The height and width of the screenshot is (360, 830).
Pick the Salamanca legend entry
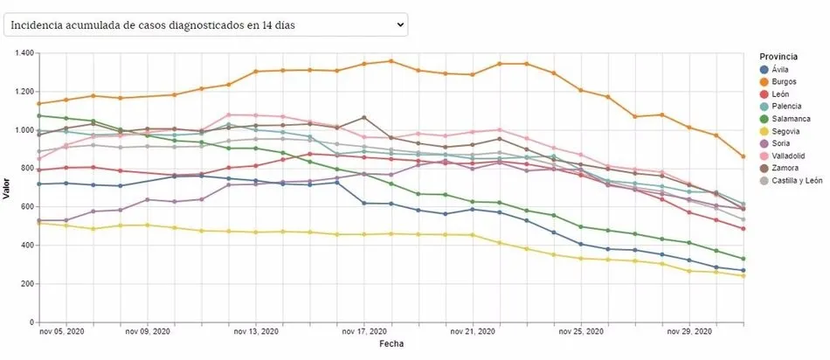792,119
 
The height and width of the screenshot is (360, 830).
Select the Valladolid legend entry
790,156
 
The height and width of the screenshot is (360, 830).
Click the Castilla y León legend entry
796,180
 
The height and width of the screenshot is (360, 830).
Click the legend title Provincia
778,56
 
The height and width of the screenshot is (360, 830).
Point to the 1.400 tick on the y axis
22,53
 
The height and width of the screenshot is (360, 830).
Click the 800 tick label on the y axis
25,169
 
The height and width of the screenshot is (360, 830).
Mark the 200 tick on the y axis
25,284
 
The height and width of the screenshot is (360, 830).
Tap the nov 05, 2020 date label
62,332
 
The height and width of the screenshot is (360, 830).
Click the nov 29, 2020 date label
691,332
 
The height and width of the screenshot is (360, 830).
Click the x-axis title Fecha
391,344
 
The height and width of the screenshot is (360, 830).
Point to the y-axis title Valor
7,188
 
